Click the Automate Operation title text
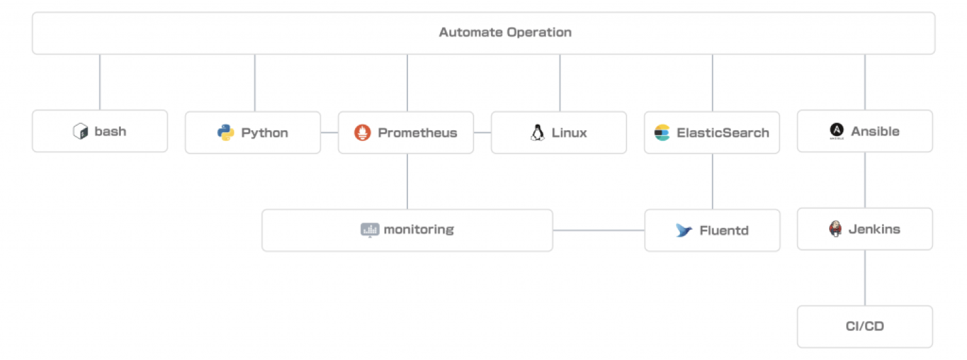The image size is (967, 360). tap(505, 32)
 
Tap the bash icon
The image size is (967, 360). tap(81, 131)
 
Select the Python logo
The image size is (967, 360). tap(226, 133)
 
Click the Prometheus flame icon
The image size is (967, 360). tap(363, 133)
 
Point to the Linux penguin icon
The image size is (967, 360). tap(538, 133)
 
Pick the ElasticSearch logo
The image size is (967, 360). tap(662, 133)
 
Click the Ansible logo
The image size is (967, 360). tap(837, 131)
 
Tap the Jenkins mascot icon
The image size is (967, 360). tap(835, 229)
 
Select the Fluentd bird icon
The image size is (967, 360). tap(684, 230)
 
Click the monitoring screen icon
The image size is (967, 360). tap(370, 230)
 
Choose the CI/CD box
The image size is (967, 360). tap(864, 327)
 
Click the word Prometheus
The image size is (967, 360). tap(417, 133)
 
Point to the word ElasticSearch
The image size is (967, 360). tap(723, 133)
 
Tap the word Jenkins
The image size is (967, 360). tap(874, 229)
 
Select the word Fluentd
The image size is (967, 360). tap(724, 230)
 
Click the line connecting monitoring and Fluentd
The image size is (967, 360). tap(599, 230)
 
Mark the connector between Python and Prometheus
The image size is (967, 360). tap(329, 133)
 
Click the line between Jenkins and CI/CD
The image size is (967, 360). tap(864, 278)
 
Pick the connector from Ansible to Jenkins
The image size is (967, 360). tap(864, 180)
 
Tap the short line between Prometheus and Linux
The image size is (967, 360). tap(483, 133)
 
